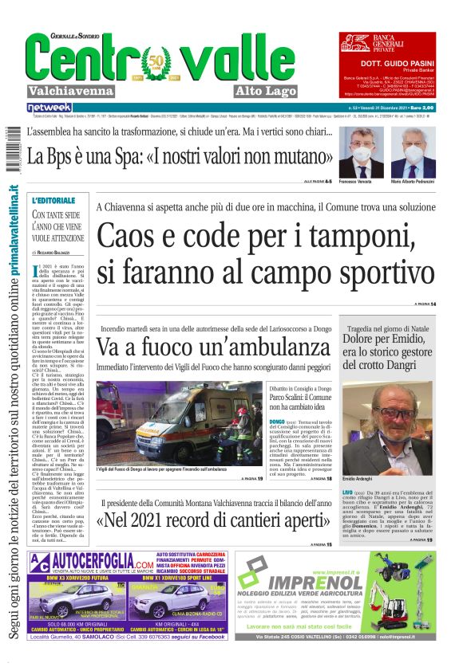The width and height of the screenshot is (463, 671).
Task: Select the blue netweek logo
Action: [x=49, y=107]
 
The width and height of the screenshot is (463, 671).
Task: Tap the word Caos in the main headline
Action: [x=131, y=235]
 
